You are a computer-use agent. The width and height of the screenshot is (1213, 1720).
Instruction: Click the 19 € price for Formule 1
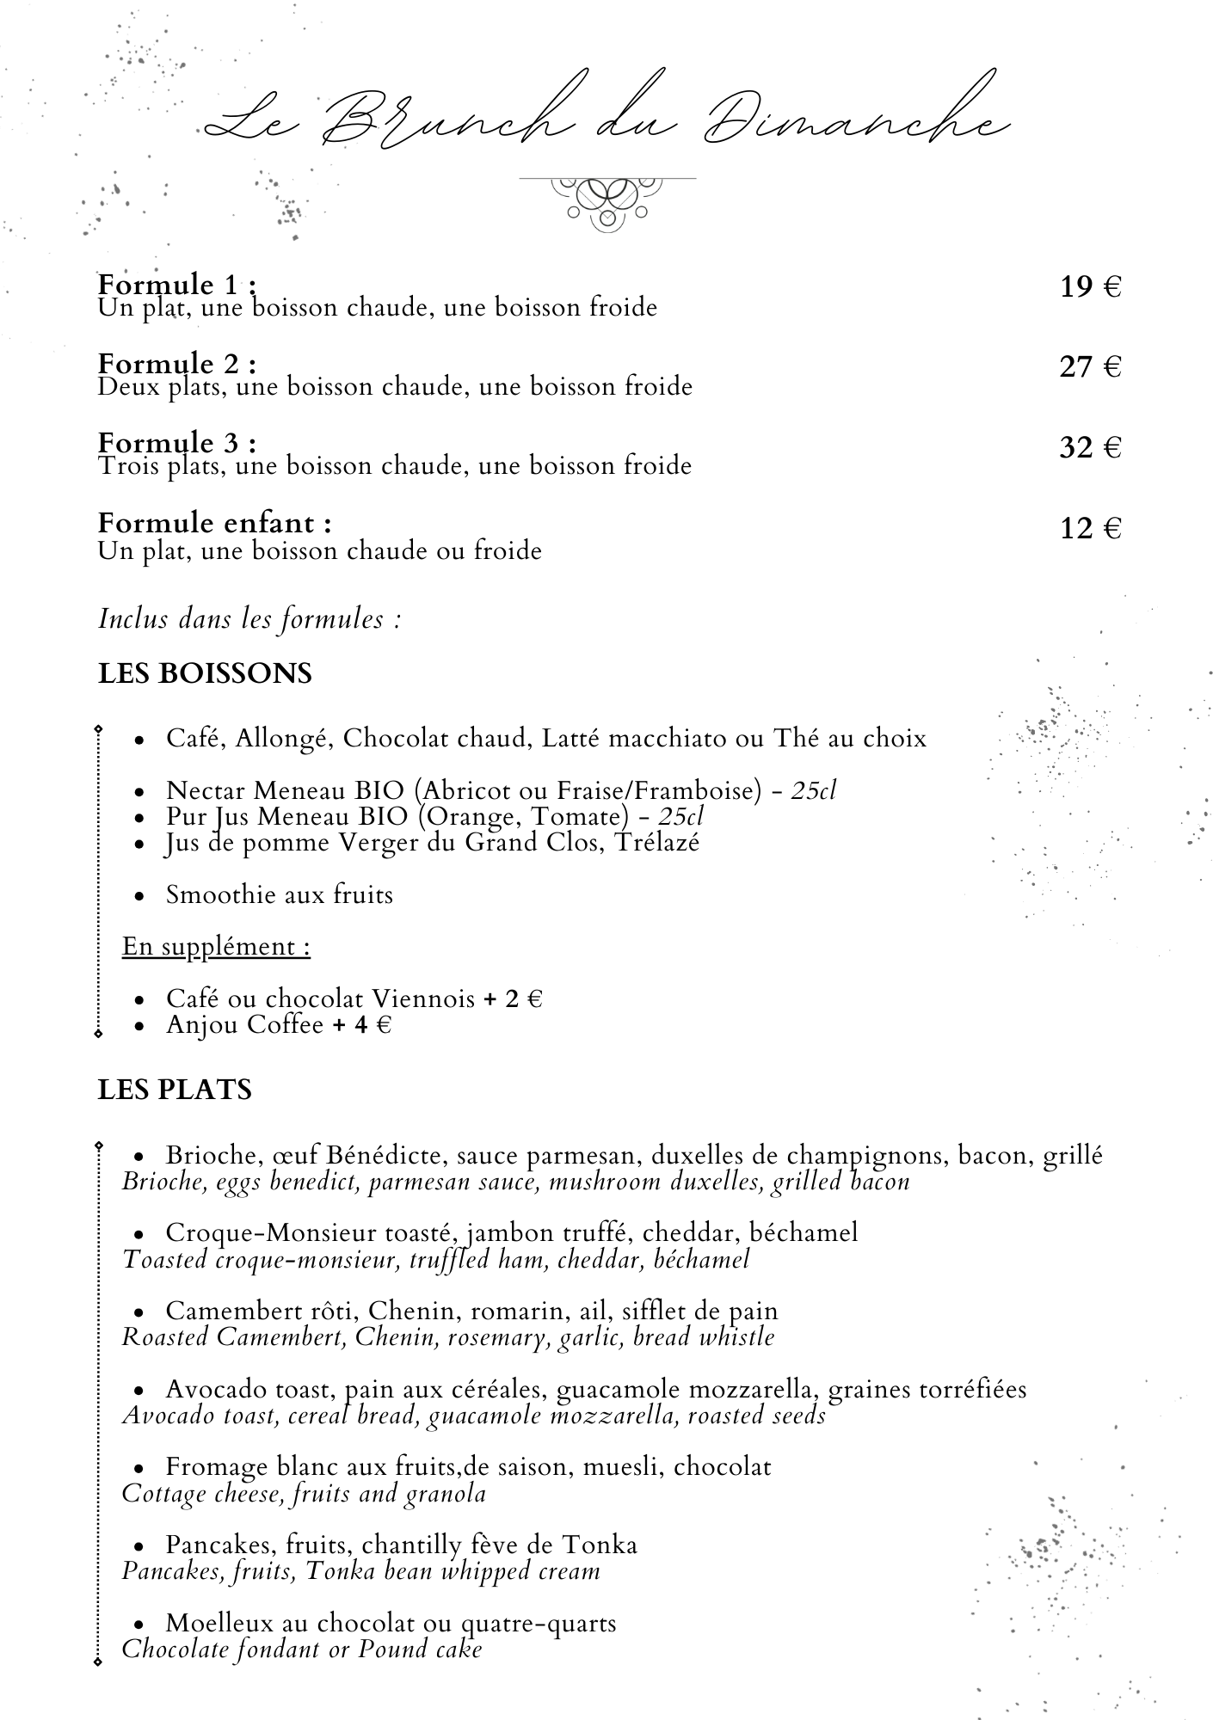(1090, 287)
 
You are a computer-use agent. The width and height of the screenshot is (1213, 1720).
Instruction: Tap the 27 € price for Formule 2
(1090, 368)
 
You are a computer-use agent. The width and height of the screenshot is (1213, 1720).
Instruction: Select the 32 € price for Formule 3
(1090, 448)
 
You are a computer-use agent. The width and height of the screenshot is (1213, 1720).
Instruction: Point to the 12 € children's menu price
(1090, 528)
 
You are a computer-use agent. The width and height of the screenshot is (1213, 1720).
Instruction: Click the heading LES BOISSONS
(205, 673)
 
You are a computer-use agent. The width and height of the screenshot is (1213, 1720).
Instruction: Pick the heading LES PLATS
(175, 1090)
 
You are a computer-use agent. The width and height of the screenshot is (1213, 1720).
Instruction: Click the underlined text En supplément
(216, 947)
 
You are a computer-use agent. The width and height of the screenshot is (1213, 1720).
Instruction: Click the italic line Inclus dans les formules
(249, 619)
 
